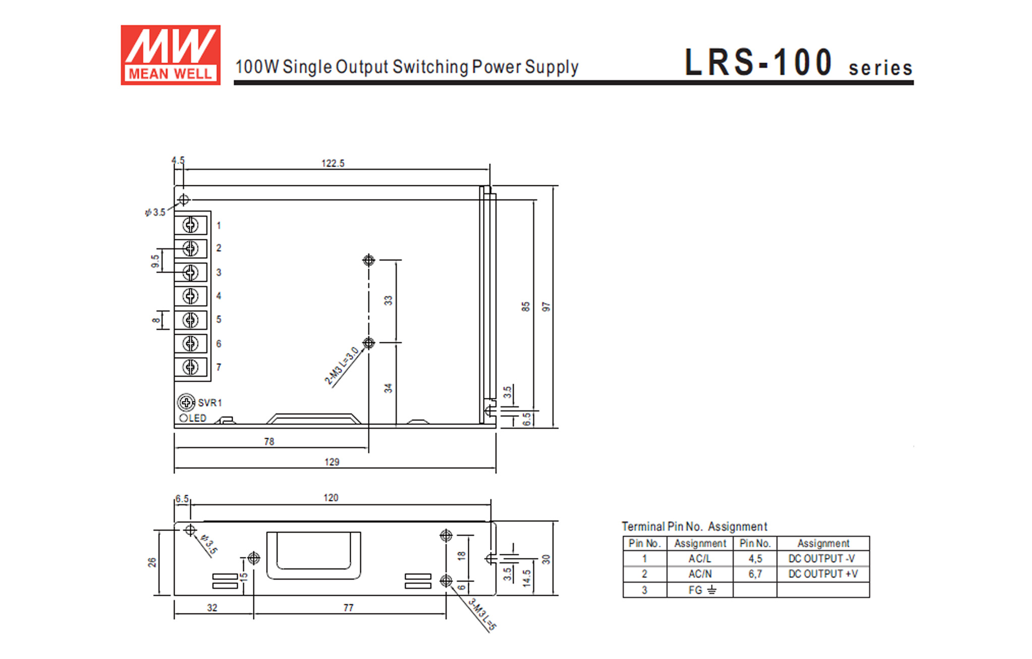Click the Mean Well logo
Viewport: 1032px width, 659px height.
(170, 55)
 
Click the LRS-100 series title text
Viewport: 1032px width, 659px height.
(797, 63)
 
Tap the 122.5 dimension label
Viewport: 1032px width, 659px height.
(333, 163)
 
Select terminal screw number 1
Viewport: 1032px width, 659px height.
(190, 225)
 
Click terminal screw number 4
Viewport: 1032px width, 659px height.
(190, 296)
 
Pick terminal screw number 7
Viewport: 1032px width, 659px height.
(190, 367)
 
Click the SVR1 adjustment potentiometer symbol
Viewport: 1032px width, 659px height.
(186, 402)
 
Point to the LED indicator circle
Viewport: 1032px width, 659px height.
(184, 418)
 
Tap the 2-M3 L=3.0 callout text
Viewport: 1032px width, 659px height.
(342, 366)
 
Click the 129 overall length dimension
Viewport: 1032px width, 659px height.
(332, 462)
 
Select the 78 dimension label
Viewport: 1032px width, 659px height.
(269, 441)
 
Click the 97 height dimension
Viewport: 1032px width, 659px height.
(546, 307)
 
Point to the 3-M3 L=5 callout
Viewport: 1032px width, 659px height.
(482, 615)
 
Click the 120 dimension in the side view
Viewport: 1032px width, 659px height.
(331, 497)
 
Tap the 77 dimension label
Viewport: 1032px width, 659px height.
(348, 607)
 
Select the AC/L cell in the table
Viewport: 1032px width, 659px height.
(699, 559)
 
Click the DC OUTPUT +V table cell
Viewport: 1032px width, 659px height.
(823, 574)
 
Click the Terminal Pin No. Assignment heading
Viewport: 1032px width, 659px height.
(694, 526)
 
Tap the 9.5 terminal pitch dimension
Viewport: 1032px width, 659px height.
(155, 261)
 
